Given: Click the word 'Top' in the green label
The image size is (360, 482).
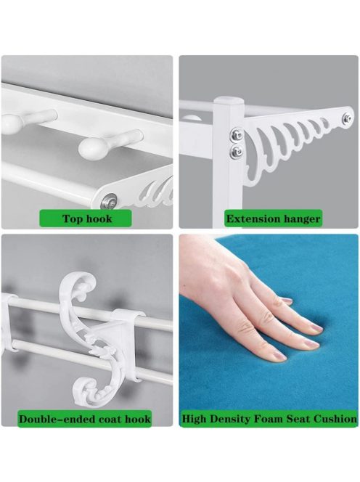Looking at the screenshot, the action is coord(73,219).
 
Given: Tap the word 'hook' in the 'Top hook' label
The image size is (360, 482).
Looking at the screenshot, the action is coord(99,218).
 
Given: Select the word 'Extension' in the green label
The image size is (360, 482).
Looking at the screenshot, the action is coord(253,219).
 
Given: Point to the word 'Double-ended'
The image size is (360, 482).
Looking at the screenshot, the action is coord(57,419).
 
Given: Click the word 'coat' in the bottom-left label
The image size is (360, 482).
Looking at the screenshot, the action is coord(112,420).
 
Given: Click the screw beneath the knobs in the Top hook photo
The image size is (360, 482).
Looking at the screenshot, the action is coord(110,200).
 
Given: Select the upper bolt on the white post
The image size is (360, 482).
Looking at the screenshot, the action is coord(237,134).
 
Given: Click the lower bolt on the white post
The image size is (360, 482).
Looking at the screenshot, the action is coord(237,150).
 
